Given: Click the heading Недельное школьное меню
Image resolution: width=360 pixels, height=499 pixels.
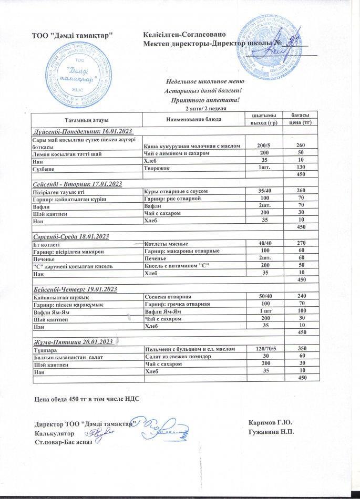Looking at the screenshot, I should coord(205,82).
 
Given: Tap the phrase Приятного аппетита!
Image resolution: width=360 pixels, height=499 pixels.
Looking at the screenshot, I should coord(205,100).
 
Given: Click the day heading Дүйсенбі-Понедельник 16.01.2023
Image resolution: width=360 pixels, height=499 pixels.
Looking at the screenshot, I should coord(83,130).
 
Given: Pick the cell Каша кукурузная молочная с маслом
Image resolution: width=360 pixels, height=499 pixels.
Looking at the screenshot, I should coord(192,145).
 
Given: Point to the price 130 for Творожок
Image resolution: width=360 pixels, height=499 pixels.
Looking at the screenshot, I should coord(301,167).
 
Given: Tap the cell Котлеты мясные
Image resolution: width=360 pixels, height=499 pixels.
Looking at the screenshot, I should coord(166,244).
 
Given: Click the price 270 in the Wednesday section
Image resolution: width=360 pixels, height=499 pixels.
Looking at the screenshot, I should coord(301,244).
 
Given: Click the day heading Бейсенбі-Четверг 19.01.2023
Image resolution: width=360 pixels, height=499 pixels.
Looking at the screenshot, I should coord(75,289).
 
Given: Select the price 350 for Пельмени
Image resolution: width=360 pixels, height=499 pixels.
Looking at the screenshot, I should coord(301,349).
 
